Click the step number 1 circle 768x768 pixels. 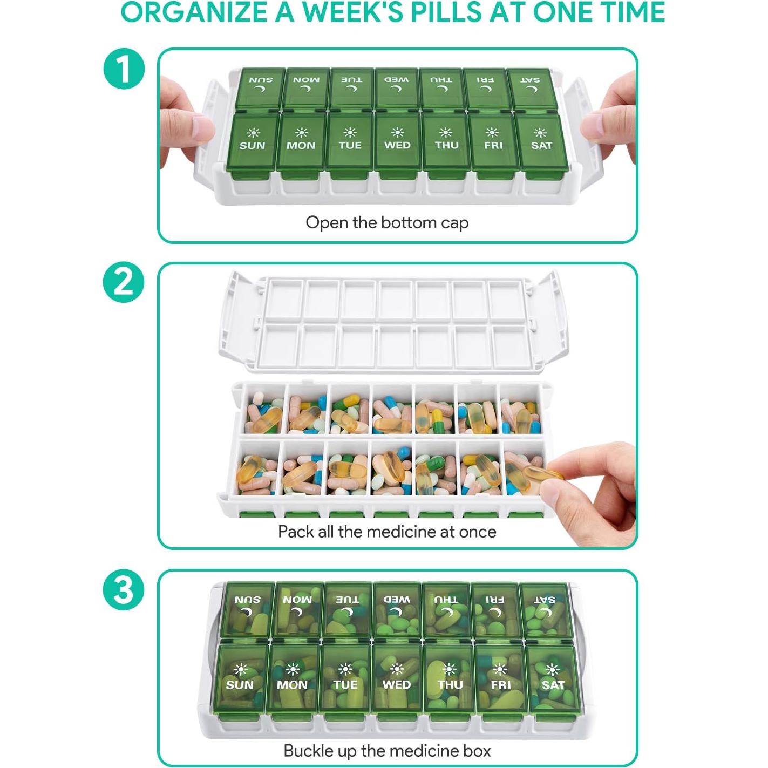[x=124, y=69]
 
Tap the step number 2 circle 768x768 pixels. [x=124, y=281]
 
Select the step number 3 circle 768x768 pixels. [x=124, y=589]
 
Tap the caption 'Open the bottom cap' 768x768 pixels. [x=387, y=222]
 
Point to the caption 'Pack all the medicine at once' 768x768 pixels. [x=387, y=532]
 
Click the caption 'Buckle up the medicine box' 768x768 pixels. [x=387, y=751]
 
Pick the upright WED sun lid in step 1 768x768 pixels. [x=397, y=141]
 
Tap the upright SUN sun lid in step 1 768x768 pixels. [x=253, y=141]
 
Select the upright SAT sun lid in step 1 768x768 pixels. [x=541, y=141]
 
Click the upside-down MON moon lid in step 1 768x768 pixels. [x=307, y=86]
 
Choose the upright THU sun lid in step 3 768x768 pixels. [x=449, y=679]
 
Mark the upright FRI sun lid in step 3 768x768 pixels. [x=500, y=679]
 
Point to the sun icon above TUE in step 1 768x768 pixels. [x=350, y=132]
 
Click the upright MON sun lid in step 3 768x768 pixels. [x=292, y=679]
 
